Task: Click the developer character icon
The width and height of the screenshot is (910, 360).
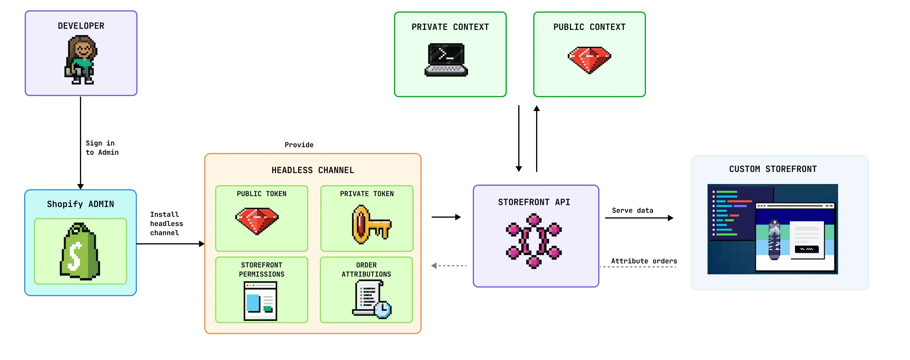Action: (81, 60)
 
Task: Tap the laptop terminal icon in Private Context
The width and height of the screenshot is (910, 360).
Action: (446, 59)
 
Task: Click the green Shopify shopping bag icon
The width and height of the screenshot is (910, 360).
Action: (80, 251)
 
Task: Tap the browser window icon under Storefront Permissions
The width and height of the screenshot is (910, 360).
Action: (260, 301)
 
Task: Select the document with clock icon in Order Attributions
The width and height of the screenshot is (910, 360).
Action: (371, 299)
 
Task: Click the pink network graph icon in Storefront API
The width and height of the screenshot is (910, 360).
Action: (534, 241)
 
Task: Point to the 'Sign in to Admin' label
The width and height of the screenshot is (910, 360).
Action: (102, 148)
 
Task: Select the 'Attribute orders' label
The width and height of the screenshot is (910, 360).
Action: (644, 261)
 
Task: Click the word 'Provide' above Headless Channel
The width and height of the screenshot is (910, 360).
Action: (299, 145)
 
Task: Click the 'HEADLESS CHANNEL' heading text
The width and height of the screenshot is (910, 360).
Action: (313, 170)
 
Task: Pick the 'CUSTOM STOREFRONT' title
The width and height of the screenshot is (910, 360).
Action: (773, 169)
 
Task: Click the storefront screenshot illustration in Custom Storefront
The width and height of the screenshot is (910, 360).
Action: (772, 229)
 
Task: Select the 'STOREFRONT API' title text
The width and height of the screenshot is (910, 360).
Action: (534, 202)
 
